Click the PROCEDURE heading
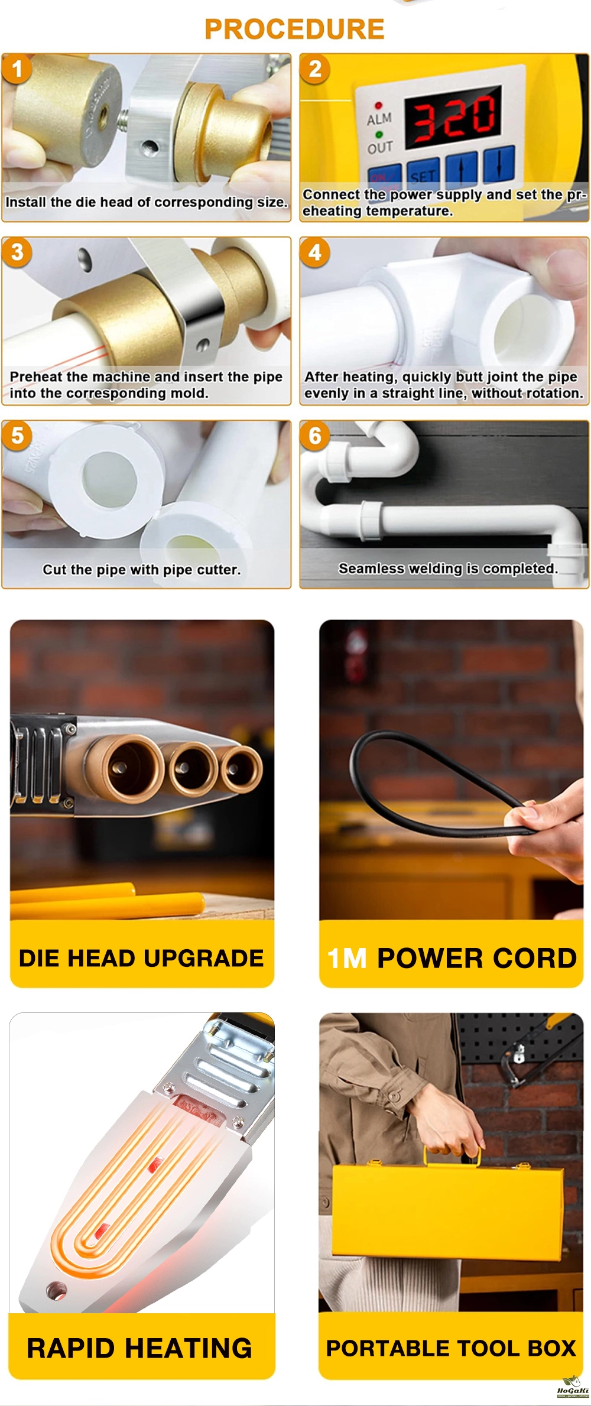[x=294, y=29]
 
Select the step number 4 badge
[x=315, y=253]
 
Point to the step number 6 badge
[x=315, y=436]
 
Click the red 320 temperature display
[x=454, y=116]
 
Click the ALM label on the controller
[x=379, y=119]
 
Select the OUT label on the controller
[x=380, y=147]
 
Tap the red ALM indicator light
[x=378, y=106]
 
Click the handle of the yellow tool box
[x=452, y=1153]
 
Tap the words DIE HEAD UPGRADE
[x=141, y=958]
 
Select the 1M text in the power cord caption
[x=348, y=959]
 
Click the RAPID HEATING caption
[x=139, y=1348]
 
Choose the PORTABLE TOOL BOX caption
[x=451, y=1348]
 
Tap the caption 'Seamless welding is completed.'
[x=448, y=569]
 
